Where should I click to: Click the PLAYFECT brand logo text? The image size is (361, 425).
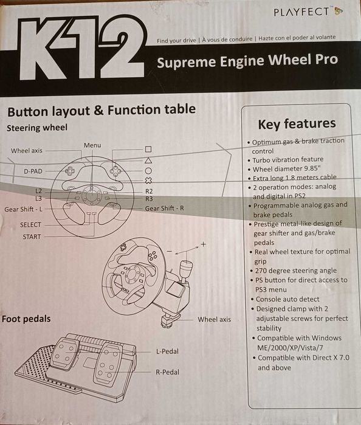pyautogui.click(x=301, y=12)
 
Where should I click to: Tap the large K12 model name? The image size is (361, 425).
pyautogui.click(x=82, y=47)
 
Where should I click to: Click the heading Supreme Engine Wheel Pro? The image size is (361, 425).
pyautogui.click(x=247, y=61)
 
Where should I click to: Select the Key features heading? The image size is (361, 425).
pyautogui.click(x=297, y=124)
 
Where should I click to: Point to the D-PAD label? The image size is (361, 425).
pyautogui.click(x=33, y=171)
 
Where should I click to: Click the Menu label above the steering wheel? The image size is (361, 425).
pyautogui.click(x=92, y=145)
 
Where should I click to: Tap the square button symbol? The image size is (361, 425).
pyautogui.click(x=148, y=150)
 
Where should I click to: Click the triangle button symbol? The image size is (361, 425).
pyautogui.click(x=148, y=161)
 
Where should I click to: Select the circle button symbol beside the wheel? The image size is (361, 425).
pyautogui.click(x=148, y=171)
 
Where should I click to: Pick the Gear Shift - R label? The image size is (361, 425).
pyautogui.click(x=164, y=209)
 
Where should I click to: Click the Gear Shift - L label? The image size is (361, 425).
pyautogui.click(x=23, y=209)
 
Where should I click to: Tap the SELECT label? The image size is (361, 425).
pyautogui.click(x=30, y=225)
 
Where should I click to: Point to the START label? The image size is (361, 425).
pyautogui.click(x=32, y=237)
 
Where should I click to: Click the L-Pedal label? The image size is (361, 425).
pyautogui.click(x=167, y=351)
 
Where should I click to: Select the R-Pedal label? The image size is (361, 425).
pyautogui.click(x=168, y=372)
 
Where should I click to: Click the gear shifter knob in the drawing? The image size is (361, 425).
pyautogui.click(x=187, y=268)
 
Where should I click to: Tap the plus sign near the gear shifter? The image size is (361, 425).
pyautogui.click(x=203, y=244)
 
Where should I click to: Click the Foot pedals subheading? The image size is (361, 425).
pyautogui.click(x=26, y=319)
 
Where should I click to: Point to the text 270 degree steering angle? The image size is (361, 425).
pyautogui.click(x=296, y=271)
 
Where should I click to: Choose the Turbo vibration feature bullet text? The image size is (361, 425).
pyautogui.click(x=288, y=160)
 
